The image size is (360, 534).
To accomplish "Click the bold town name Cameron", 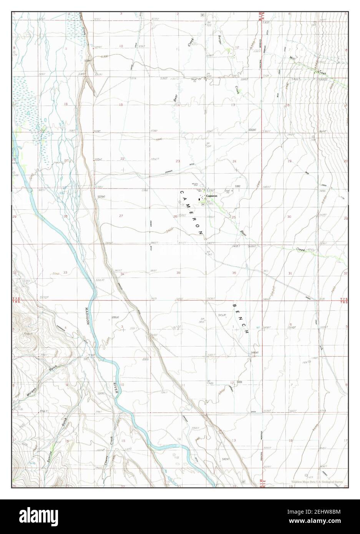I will (212, 196).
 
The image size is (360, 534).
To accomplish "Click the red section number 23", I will (178, 161).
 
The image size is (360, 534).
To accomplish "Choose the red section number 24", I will (234, 161).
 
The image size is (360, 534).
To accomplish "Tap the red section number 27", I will (121, 216).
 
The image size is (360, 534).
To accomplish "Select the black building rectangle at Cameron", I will (199, 199).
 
